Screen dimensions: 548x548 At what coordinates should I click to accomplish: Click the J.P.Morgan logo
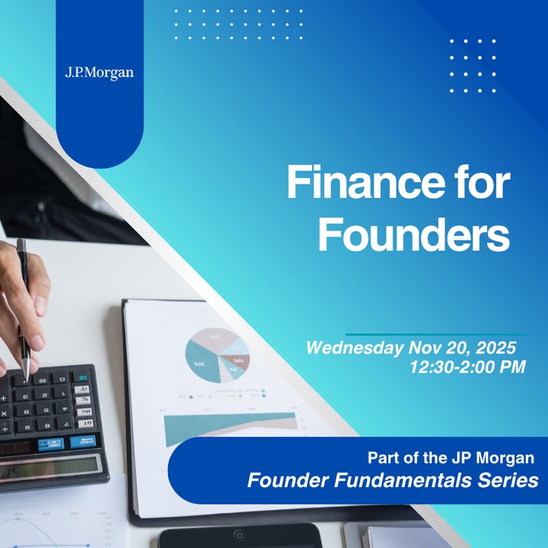99,72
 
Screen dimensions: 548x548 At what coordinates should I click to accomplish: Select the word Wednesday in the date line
354,347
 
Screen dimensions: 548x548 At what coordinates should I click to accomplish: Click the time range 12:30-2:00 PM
467,367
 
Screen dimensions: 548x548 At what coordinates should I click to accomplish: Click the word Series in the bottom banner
506,480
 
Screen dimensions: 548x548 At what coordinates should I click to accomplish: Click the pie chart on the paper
217,354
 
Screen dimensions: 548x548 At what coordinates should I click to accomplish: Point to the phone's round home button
238,535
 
